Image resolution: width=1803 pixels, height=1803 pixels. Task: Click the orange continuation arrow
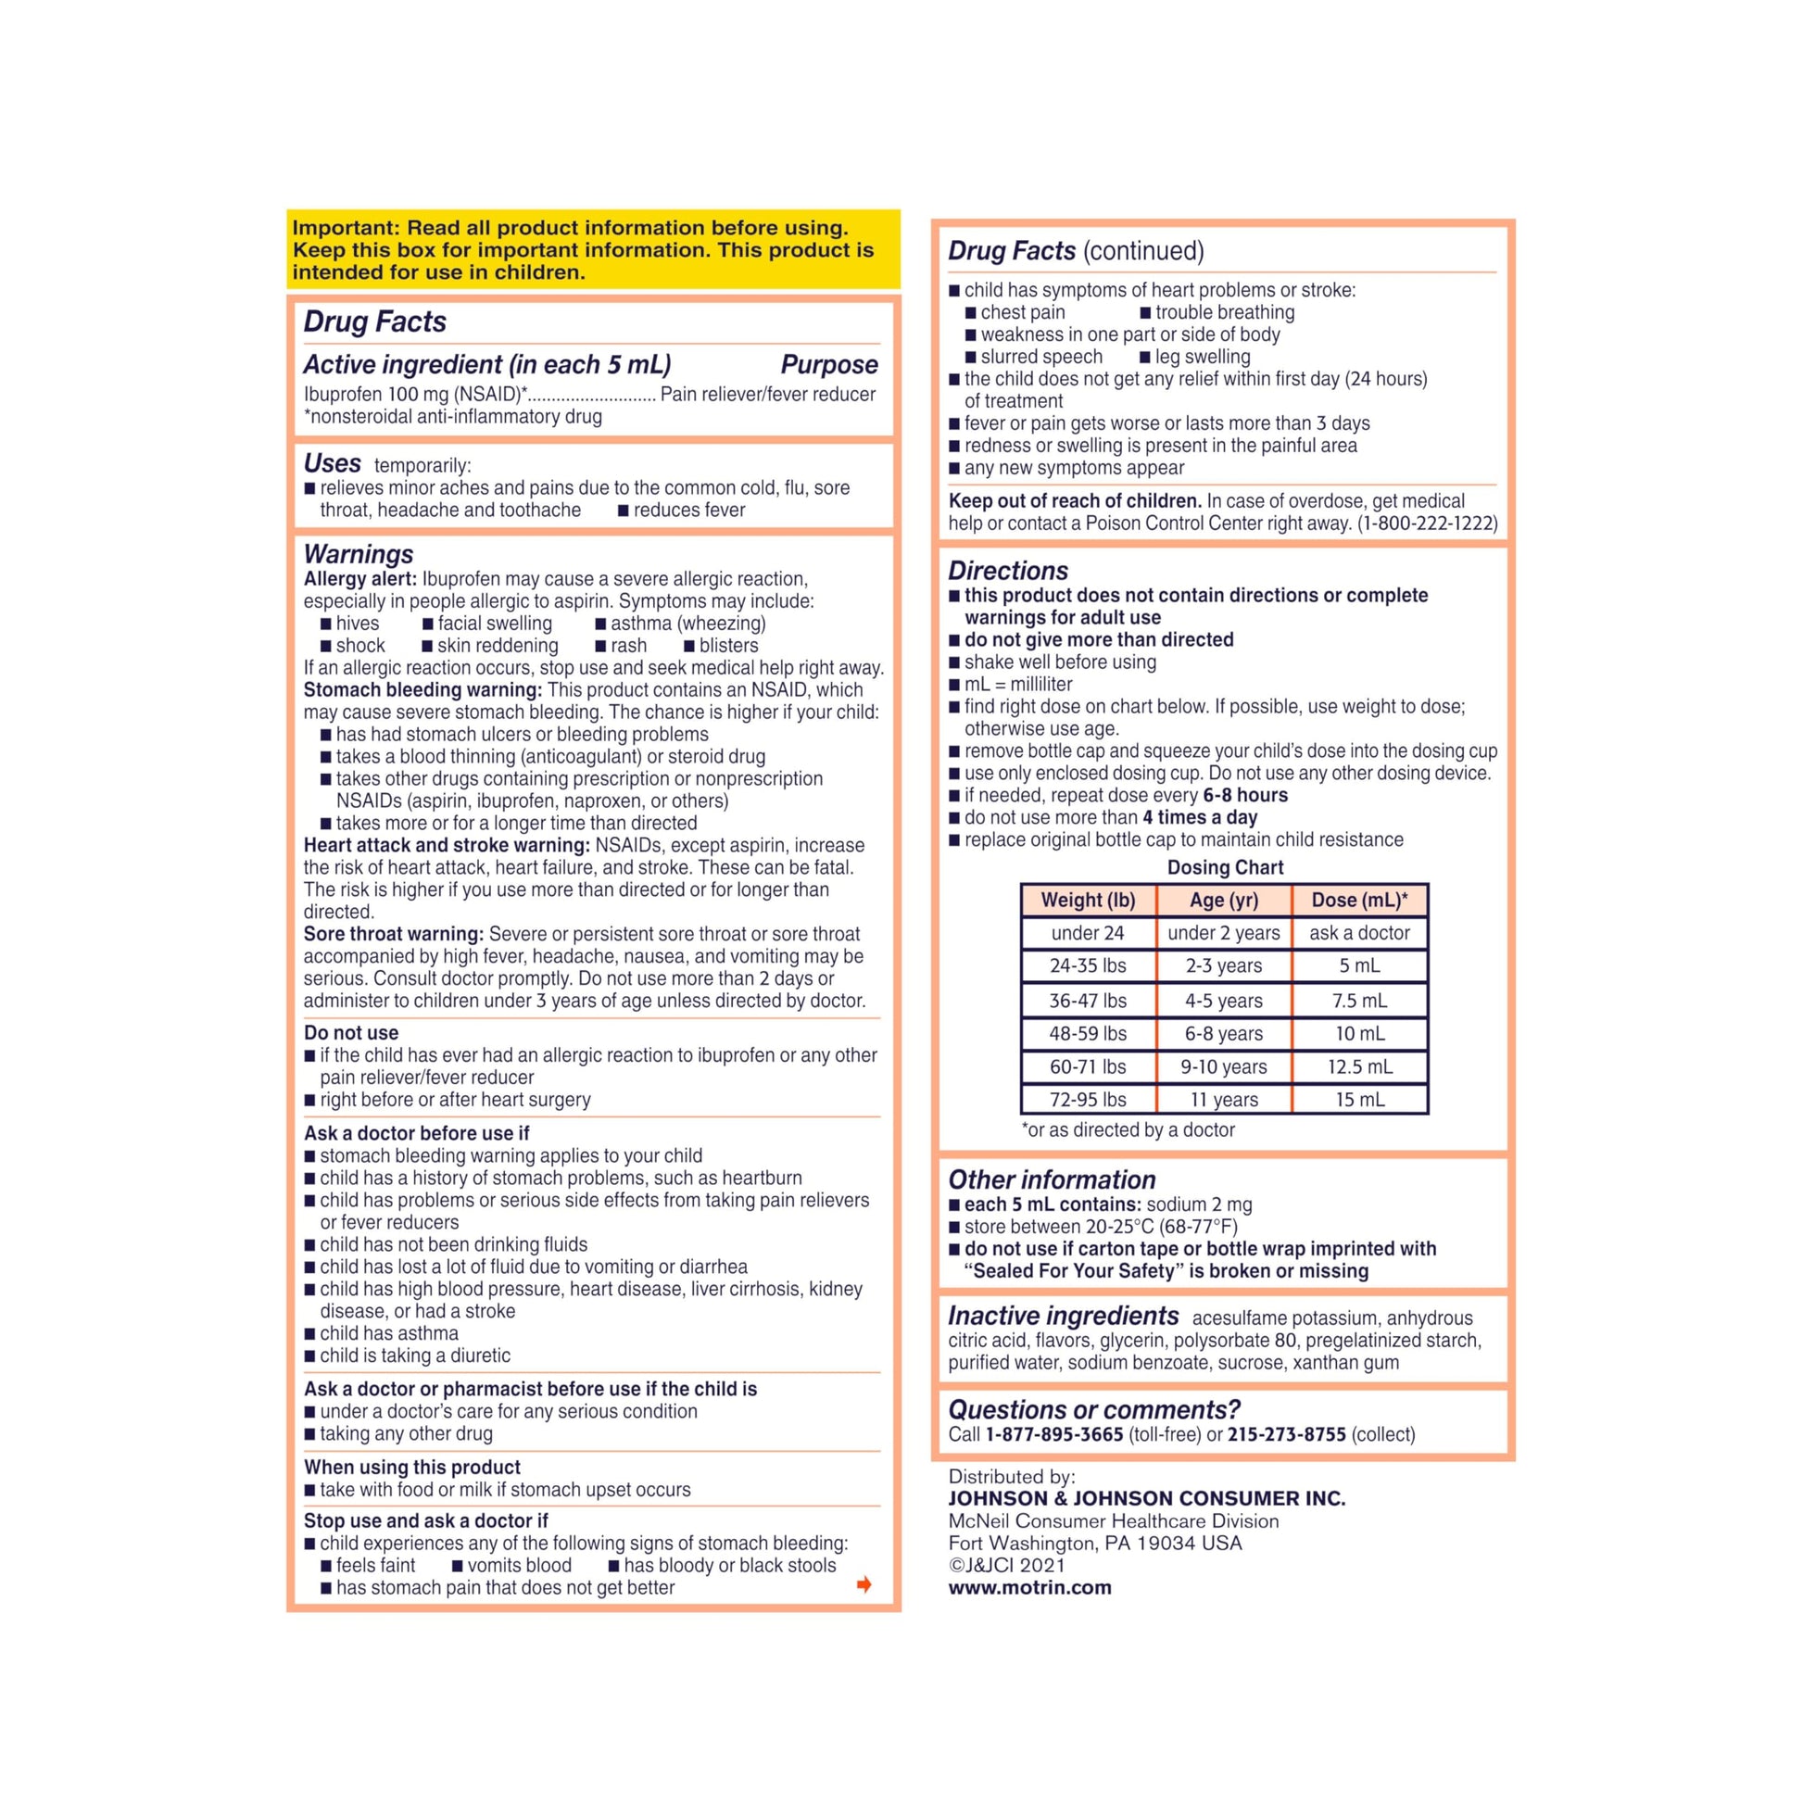click(x=864, y=1584)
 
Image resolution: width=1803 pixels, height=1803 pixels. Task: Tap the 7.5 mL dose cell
click(x=1359, y=1001)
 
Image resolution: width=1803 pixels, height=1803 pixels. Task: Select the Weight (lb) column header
click(x=1087, y=900)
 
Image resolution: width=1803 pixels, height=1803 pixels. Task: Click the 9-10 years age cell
click(x=1223, y=1066)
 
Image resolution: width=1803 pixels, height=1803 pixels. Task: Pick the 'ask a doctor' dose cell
click(x=1359, y=932)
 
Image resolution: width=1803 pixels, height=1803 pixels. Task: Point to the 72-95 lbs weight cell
click(x=1087, y=1100)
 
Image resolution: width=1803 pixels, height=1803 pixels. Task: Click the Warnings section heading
click(x=359, y=554)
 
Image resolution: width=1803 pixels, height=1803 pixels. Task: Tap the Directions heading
click(x=1008, y=570)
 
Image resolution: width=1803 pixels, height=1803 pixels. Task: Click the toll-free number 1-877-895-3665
click(x=1053, y=1434)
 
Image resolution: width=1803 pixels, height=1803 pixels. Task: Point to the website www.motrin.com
click(x=1029, y=1587)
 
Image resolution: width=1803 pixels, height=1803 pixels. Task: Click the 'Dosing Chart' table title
click(x=1225, y=867)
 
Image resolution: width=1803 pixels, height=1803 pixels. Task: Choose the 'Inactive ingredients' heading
click(x=1063, y=1316)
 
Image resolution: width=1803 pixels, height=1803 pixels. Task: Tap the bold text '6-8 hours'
click(x=1245, y=795)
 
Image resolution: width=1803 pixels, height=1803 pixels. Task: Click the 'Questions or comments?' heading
click(x=1093, y=1409)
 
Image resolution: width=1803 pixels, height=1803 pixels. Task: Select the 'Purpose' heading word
click(x=828, y=364)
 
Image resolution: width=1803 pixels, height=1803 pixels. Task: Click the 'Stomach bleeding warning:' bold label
click(x=422, y=689)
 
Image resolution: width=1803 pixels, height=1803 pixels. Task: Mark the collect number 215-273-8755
click(x=1286, y=1434)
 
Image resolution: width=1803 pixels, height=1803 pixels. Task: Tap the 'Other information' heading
click(x=1052, y=1179)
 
